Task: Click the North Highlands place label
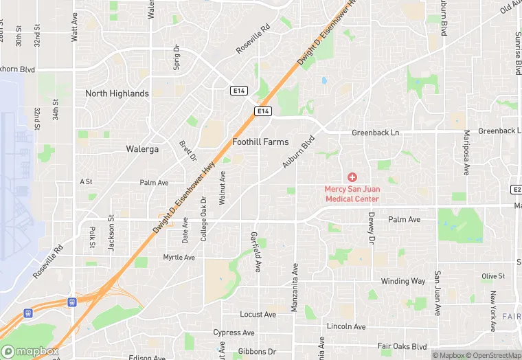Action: (117, 93)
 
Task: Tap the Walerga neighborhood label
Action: (143, 148)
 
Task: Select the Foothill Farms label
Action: (260, 142)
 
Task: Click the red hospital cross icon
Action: (352, 177)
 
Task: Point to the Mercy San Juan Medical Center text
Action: (352, 194)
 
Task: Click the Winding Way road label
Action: (404, 281)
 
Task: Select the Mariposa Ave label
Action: (466, 153)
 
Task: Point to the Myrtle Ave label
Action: (179, 258)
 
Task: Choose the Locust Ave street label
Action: (258, 315)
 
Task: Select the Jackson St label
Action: (111, 234)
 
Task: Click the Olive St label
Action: (492, 276)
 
